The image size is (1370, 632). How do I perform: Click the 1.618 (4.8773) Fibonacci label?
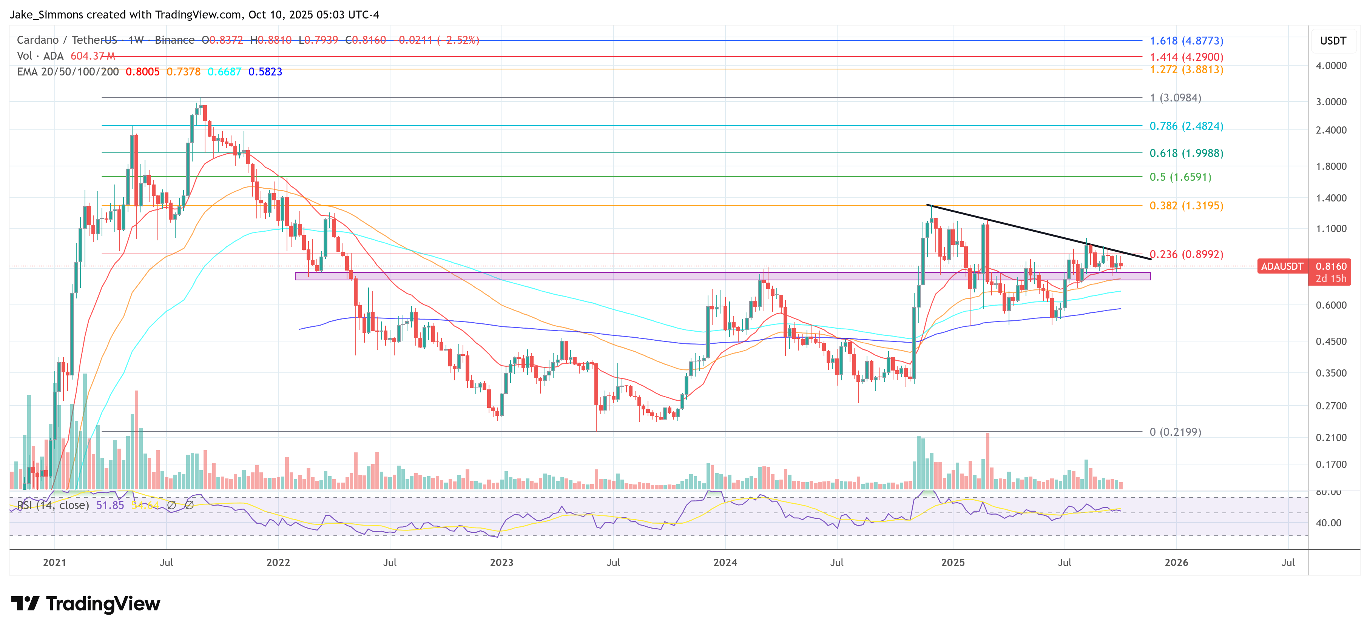tap(1186, 41)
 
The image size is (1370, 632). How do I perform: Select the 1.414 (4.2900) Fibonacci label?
tap(1186, 57)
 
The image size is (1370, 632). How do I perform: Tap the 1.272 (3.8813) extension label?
tap(1186, 70)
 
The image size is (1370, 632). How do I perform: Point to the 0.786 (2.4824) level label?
tap(1186, 126)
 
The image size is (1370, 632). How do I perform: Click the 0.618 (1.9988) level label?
tap(1186, 153)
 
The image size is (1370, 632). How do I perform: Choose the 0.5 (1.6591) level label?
tap(1180, 177)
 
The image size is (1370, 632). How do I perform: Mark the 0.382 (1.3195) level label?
tap(1186, 206)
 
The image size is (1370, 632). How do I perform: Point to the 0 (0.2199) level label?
tap(1175, 432)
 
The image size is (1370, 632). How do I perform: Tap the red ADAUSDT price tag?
tap(1282, 266)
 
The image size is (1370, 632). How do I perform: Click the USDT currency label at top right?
tap(1333, 41)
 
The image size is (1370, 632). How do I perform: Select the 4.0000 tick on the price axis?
tap(1331, 66)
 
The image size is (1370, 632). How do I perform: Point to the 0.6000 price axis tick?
tap(1331, 305)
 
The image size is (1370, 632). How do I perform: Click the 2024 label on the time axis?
tap(725, 562)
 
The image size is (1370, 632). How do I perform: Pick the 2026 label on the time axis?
tap(1176, 562)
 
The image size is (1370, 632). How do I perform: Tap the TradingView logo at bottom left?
tap(86, 604)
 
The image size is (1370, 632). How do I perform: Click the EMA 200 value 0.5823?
tap(265, 72)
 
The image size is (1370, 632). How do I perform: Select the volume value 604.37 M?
tap(93, 56)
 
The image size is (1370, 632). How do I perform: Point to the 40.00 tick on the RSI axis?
tap(1328, 523)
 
